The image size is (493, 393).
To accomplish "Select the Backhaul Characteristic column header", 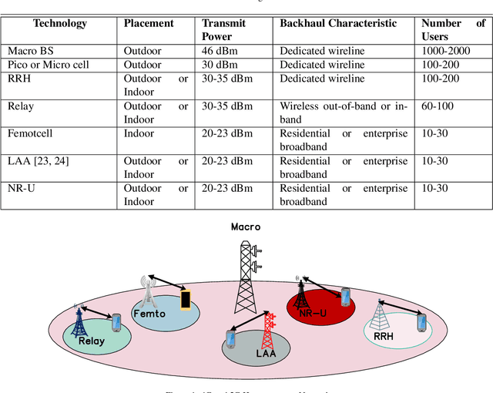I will coord(338,23).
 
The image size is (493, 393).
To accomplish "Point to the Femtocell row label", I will coord(32,133).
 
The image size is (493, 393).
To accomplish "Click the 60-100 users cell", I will coord(438,106).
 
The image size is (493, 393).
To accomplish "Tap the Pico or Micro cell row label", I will coord(48,65).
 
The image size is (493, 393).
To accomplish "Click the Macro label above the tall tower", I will coord(246,227).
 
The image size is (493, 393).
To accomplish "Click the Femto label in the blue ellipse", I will coord(149,314).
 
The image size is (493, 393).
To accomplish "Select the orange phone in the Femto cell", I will coord(185,299).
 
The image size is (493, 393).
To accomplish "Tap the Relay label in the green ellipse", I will coord(91,340).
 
